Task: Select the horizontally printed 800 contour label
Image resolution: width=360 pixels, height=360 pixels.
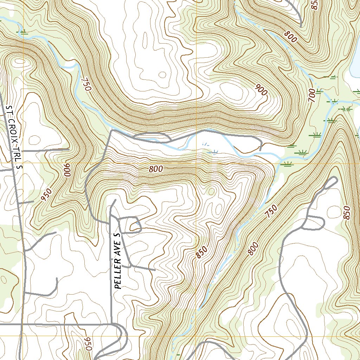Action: click(155, 169)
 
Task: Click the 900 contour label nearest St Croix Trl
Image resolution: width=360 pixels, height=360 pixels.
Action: click(67, 171)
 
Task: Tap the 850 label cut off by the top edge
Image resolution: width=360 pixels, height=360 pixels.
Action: click(315, 4)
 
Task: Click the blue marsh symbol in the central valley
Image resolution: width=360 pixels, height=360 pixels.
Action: click(213, 152)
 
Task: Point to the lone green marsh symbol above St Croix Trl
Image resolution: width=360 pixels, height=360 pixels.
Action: click(23, 32)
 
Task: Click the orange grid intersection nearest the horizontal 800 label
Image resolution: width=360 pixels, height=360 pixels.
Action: click(196, 163)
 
